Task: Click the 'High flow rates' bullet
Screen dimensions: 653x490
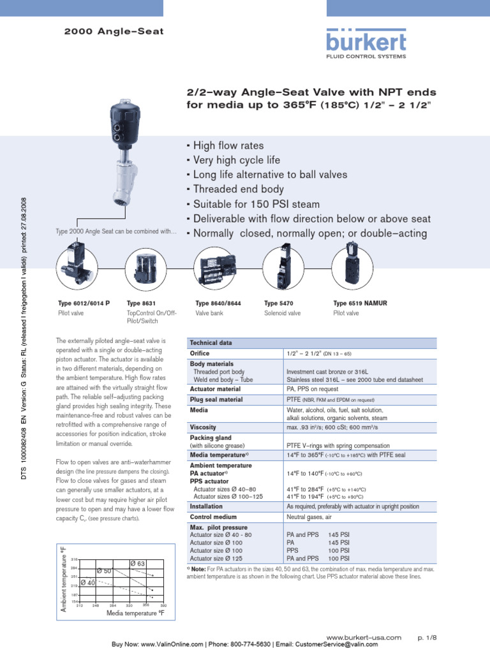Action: pos(225,146)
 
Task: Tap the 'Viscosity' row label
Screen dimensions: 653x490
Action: pos(204,427)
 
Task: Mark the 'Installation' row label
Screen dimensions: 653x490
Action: pos(206,506)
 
